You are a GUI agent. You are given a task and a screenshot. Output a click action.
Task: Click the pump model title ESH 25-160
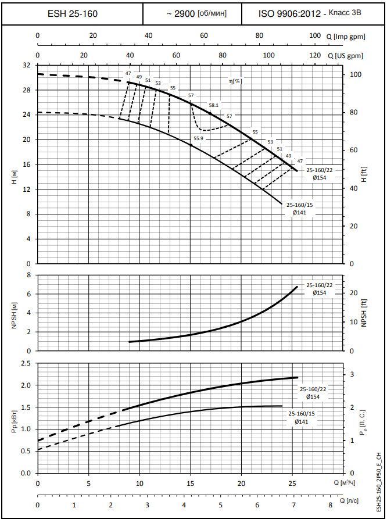click(72, 12)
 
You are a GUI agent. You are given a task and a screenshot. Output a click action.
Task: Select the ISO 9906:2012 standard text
click(289, 12)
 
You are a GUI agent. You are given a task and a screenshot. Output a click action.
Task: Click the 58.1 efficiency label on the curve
click(213, 105)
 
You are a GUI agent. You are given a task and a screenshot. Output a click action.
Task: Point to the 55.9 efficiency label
click(198, 138)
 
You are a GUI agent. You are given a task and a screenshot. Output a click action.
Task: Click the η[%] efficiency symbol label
click(235, 81)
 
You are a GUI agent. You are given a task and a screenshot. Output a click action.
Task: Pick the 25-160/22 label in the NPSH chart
click(319, 285)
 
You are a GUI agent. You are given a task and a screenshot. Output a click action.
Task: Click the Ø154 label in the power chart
click(314, 396)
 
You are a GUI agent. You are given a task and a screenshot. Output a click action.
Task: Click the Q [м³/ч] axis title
click(345, 482)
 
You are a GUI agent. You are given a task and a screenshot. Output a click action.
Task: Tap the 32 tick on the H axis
click(26, 65)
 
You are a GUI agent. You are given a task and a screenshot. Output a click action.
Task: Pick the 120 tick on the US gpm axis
click(315, 56)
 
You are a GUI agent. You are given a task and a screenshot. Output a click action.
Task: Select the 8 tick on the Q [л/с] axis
click(331, 504)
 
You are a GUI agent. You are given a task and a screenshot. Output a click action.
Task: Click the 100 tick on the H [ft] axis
click(355, 74)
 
